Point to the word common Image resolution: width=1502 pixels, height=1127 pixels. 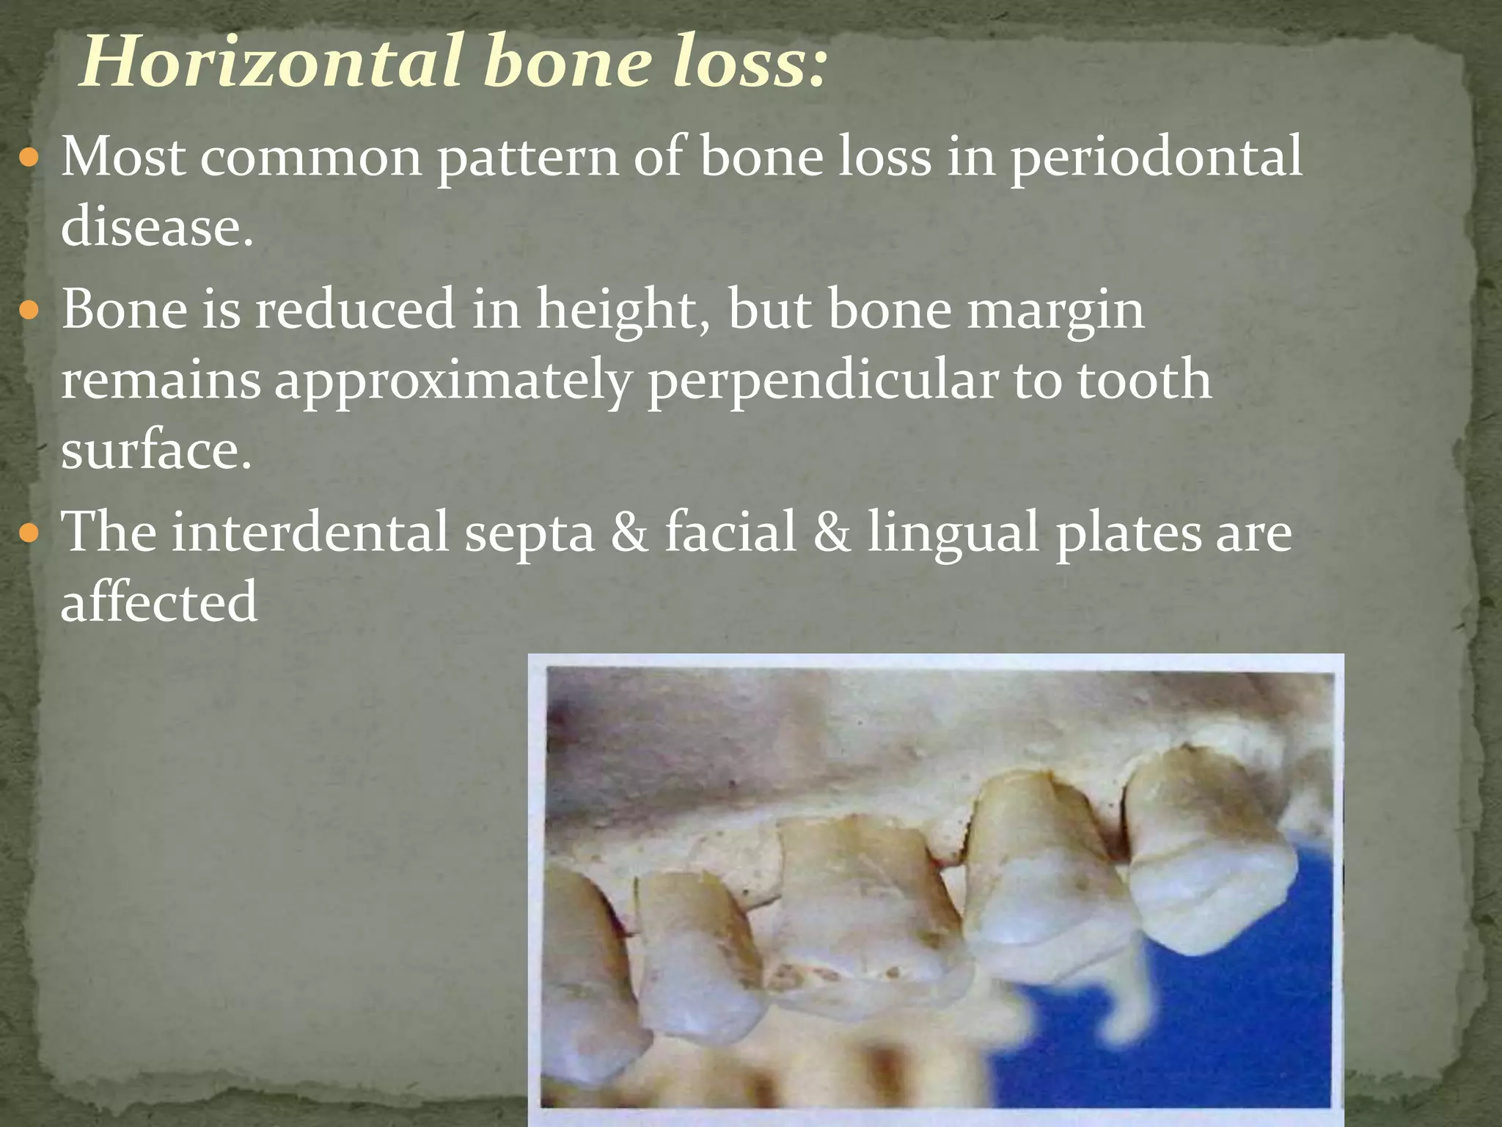[311, 158]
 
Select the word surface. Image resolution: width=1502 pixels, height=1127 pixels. [155, 451]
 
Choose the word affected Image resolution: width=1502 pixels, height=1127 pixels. [158, 602]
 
